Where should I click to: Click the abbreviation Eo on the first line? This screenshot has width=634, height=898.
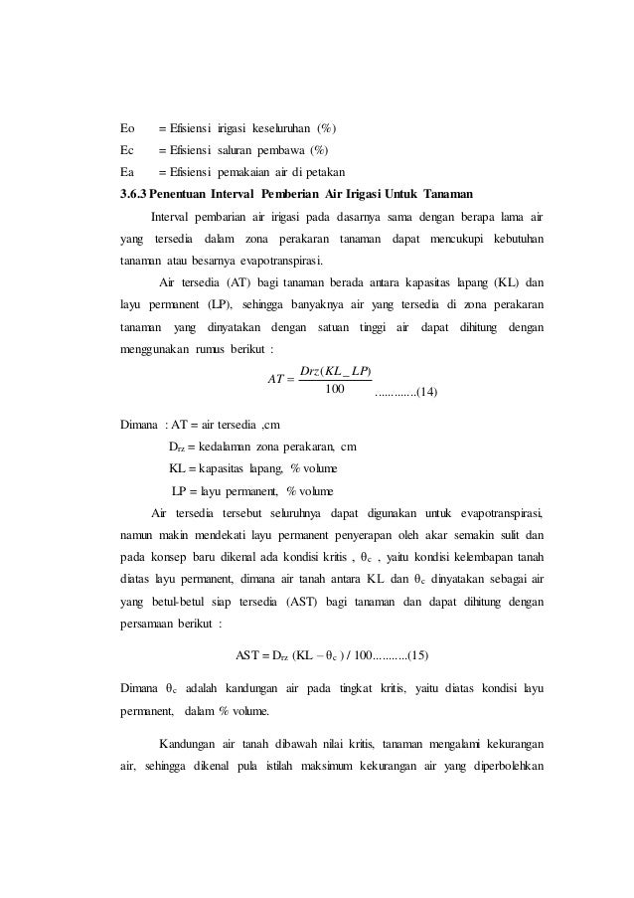[x=126, y=127]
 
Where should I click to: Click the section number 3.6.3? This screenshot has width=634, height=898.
[x=132, y=192]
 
